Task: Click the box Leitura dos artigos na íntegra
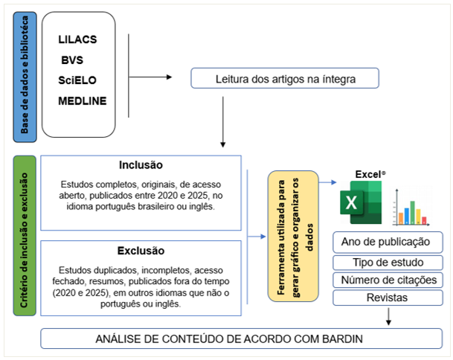(x=286, y=78)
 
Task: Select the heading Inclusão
(x=141, y=165)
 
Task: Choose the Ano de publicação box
(x=385, y=242)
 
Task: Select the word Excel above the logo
(x=367, y=174)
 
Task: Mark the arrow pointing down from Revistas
(x=389, y=317)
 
